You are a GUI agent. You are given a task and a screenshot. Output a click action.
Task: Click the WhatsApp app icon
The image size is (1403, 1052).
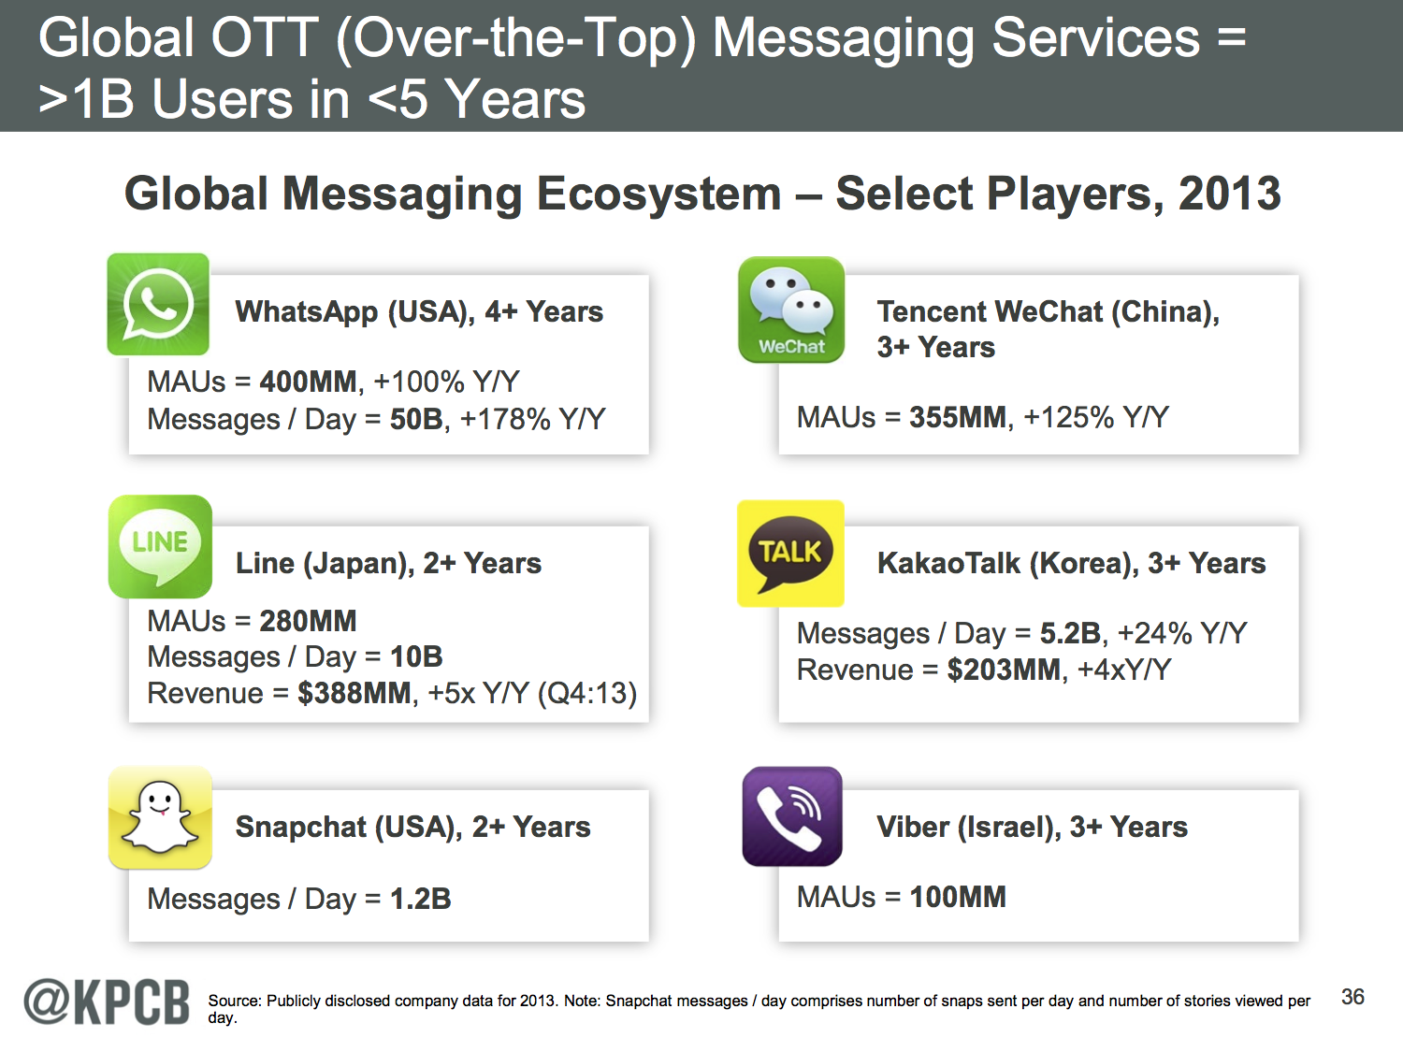click(x=158, y=304)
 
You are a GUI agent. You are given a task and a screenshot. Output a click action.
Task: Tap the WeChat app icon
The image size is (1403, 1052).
click(x=791, y=310)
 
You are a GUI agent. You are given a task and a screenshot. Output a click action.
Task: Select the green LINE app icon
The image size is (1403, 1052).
click(x=160, y=547)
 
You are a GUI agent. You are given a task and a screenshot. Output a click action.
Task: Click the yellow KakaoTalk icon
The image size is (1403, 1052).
click(x=790, y=554)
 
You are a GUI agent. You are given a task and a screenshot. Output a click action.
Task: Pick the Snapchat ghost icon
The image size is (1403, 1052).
click(x=160, y=817)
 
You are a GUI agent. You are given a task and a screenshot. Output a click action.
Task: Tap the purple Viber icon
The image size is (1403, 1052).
click(x=792, y=816)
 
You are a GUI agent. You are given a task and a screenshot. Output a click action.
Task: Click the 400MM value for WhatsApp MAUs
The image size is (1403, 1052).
click(x=308, y=382)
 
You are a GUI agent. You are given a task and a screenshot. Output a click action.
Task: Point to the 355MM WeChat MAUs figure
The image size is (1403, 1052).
click(x=958, y=417)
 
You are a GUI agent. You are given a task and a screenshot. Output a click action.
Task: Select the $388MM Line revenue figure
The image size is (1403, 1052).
click(x=354, y=693)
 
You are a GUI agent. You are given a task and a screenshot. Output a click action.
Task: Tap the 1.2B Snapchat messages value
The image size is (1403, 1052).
click(x=421, y=899)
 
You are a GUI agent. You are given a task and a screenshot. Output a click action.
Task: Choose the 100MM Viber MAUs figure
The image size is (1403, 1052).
click(x=958, y=897)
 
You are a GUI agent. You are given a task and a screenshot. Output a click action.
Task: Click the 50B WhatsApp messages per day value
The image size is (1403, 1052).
click(x=416, y=419)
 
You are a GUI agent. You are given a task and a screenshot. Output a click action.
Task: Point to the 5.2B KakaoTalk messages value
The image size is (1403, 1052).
click(x=1070, y=633)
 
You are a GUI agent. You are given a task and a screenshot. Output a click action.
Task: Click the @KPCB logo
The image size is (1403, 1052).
click(x=107, y=1002)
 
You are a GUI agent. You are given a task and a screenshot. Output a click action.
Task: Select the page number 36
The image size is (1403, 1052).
click(x=1352, y=997)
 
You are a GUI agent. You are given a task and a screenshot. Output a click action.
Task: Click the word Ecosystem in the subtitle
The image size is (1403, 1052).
click(x=658, y=195)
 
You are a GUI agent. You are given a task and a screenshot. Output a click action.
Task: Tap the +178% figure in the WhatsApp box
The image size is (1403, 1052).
click(x=505, y=419)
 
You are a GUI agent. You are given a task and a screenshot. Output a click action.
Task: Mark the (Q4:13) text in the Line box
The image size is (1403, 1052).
click(x=586, y=694)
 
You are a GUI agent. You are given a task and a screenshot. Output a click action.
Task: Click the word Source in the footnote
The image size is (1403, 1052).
click(x=234, y=1001)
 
